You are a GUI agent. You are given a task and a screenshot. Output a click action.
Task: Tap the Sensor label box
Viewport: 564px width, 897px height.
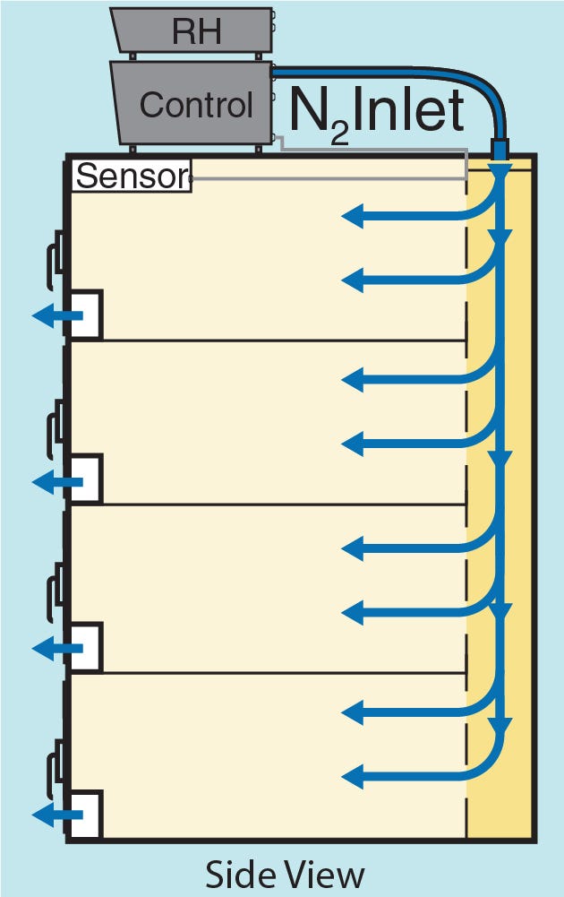point(132,176)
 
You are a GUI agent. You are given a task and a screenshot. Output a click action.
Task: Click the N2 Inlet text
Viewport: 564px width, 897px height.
point(376,113)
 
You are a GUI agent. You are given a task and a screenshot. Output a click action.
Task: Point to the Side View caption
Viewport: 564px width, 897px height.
point(285,874)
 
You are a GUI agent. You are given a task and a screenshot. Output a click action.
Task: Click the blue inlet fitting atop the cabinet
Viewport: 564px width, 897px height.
point(500,148)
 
